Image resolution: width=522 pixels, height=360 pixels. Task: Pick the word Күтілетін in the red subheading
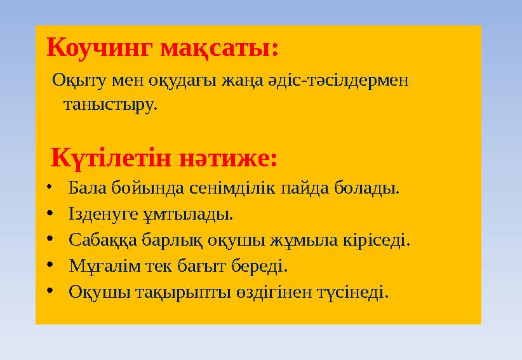[109, 158]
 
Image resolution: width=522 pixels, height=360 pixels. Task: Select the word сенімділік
[242, 189]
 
